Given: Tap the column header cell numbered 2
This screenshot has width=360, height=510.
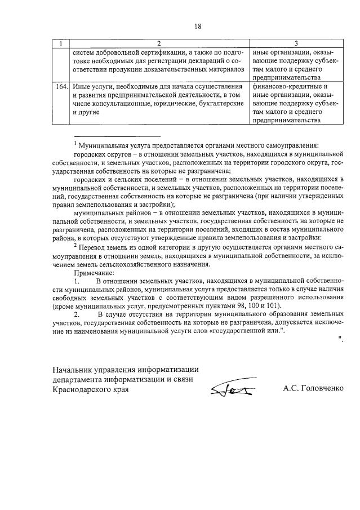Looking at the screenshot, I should pos(159,43).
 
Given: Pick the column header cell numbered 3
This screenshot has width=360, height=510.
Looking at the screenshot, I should pos(295,43).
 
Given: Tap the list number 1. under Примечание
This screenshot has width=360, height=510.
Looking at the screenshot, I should pos(77,281).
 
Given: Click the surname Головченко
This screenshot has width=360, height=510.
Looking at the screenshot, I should pos(321,389).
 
